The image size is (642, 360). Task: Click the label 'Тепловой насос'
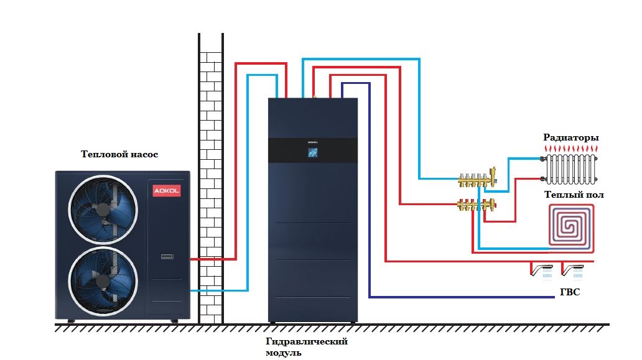click(119, 154)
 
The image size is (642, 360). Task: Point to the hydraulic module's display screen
click(312, 153)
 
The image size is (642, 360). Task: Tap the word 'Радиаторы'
click(570, 137)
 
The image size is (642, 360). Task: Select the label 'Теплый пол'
click(574, 195)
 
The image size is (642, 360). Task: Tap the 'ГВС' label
click(570, 292)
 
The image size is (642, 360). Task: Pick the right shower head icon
click(573, 270)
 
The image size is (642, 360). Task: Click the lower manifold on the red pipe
click(476, 203)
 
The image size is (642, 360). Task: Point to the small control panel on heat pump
click(167, 256)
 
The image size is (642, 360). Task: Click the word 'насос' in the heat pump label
click(143, 154)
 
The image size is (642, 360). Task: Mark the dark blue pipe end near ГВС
click(552, 297)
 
